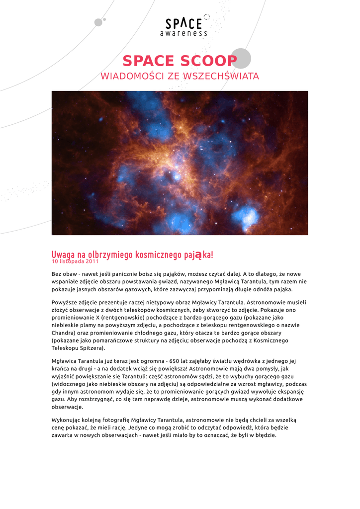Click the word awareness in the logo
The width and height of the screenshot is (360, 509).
(x=183, y=34)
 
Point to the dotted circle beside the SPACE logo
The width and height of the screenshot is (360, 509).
(x=207, y=17)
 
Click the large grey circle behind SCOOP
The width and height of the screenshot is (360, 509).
(x=241, y=58)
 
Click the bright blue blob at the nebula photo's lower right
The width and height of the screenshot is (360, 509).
(x=245, y=215)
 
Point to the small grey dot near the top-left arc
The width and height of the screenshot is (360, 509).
(x=98, y=22)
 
